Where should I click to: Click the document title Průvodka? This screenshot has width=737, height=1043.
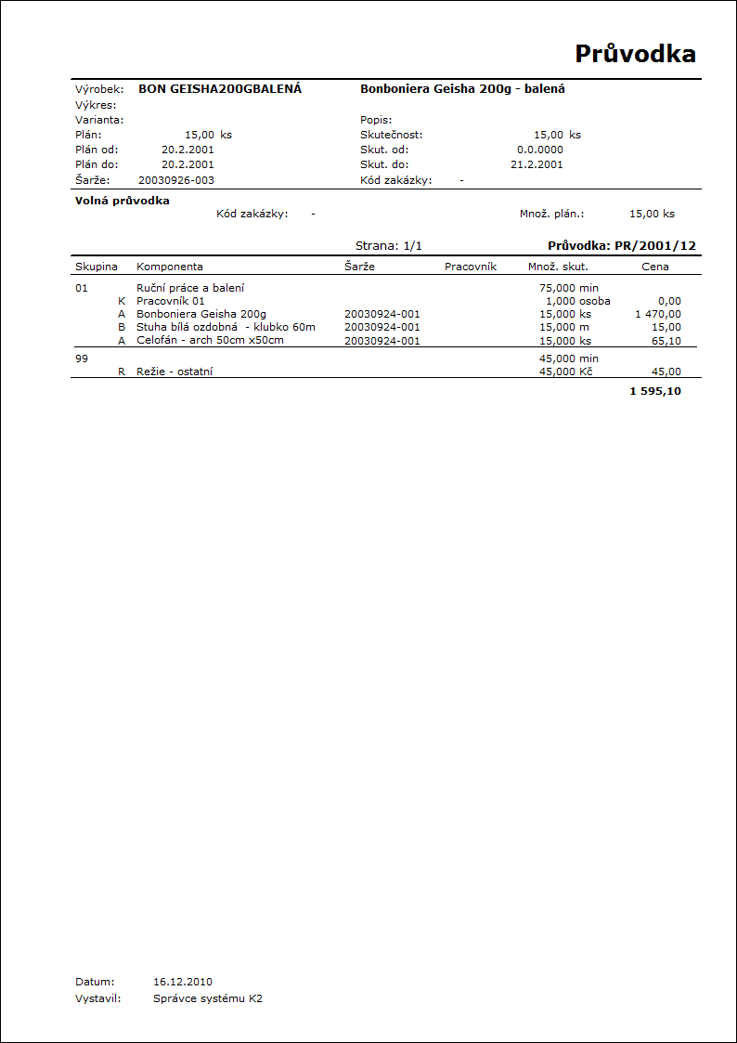click(635, 54)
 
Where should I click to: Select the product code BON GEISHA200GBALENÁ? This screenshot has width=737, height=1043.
click(220, 89)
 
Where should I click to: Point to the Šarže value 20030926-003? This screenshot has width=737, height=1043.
click(176, 180)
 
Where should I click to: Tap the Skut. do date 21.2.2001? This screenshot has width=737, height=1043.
click(537, 164)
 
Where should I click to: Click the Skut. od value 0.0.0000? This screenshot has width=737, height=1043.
click(539, 150)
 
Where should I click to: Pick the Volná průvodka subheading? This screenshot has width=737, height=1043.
click(123, 201)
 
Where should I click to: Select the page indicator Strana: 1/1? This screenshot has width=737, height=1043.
click(389, 246)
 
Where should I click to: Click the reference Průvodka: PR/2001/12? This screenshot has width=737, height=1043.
click(622, 246)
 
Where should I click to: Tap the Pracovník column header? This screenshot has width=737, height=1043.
click(471, 267)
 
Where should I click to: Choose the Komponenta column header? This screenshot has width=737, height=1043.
click(170, 267)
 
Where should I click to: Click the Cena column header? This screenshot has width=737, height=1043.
click(655, 267)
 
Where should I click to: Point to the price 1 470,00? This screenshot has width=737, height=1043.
click(658, 314)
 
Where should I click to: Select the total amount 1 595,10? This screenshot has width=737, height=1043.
click(655, 391)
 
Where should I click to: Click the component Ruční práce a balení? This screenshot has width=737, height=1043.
click(190, 288)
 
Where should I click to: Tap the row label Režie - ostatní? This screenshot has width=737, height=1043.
click(180, 372)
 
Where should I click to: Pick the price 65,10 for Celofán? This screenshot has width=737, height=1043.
click(666, 341)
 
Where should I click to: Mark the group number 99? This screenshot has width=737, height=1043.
click(82, 359)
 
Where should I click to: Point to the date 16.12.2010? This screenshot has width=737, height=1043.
click(183, 981)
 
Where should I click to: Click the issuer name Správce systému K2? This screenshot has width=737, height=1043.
click(208, 999)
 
